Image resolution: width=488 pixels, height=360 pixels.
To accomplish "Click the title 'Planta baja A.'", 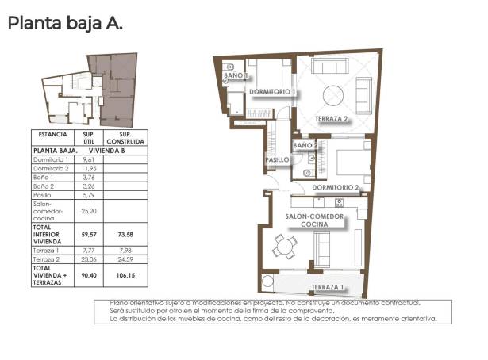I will click(65, 24).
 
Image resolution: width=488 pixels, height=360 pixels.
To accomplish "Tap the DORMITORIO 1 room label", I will click(272, 92).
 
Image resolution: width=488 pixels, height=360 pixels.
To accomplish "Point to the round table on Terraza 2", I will click(334, 92).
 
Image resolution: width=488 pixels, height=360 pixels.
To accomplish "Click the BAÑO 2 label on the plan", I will click(305, 145).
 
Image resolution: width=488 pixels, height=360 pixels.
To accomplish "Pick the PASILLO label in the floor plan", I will click(276, 160).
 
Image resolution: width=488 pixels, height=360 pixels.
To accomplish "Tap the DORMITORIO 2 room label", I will click(336, 188).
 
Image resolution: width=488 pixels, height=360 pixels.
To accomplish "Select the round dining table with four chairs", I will click(283, 247).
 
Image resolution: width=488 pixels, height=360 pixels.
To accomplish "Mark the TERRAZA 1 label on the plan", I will click(327, 287).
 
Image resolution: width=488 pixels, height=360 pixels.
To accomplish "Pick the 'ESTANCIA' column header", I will click(52, 135).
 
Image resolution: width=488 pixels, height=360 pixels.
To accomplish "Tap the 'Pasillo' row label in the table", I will click(43, 195).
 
